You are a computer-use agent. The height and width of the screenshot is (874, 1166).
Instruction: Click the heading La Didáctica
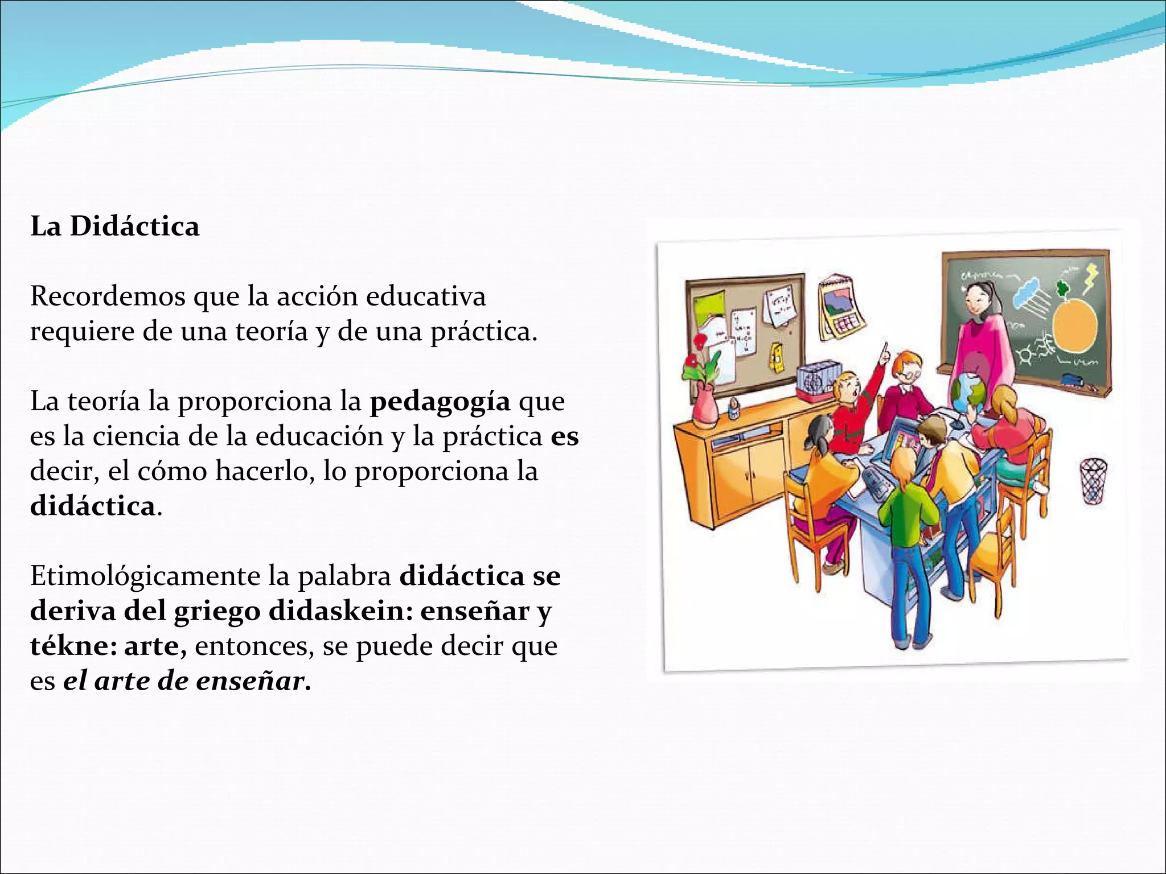(115, 226)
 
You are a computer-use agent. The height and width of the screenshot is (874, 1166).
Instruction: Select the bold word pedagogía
(440, 402)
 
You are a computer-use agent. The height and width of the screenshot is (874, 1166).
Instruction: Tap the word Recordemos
(108, 296)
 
